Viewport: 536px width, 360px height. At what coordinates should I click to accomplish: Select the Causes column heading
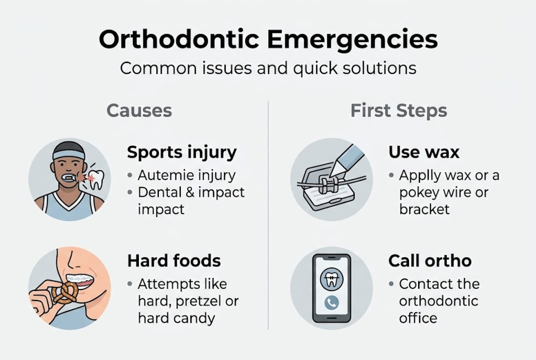[x=139, y=110]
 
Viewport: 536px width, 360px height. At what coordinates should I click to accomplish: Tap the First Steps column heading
[x=399, y=110]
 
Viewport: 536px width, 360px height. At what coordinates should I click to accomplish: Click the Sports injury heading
[x=182, y=152]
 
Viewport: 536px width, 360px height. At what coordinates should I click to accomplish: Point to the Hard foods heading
[x=174, y=260]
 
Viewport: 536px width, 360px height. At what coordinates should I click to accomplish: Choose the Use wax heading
[x=424, y=152]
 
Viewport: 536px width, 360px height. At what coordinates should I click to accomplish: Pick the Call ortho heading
[x=430, y=260]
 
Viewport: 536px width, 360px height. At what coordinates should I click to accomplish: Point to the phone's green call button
[x=331, y=302]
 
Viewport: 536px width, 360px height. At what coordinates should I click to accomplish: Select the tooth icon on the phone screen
[x=331, y=278]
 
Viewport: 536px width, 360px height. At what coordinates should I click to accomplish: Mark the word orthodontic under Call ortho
[x=439, y=301]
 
